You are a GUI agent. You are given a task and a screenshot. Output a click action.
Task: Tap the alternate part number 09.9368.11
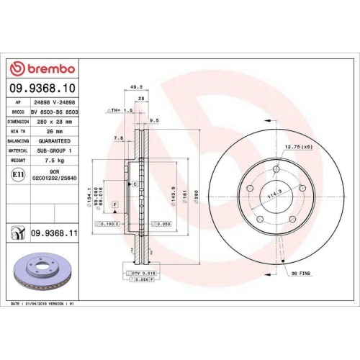[56, 233]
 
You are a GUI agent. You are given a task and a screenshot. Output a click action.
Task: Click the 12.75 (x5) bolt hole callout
[297, 148]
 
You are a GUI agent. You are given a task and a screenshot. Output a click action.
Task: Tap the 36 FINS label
[301, 274]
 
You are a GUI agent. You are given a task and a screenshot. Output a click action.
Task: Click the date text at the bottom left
[45, 305]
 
